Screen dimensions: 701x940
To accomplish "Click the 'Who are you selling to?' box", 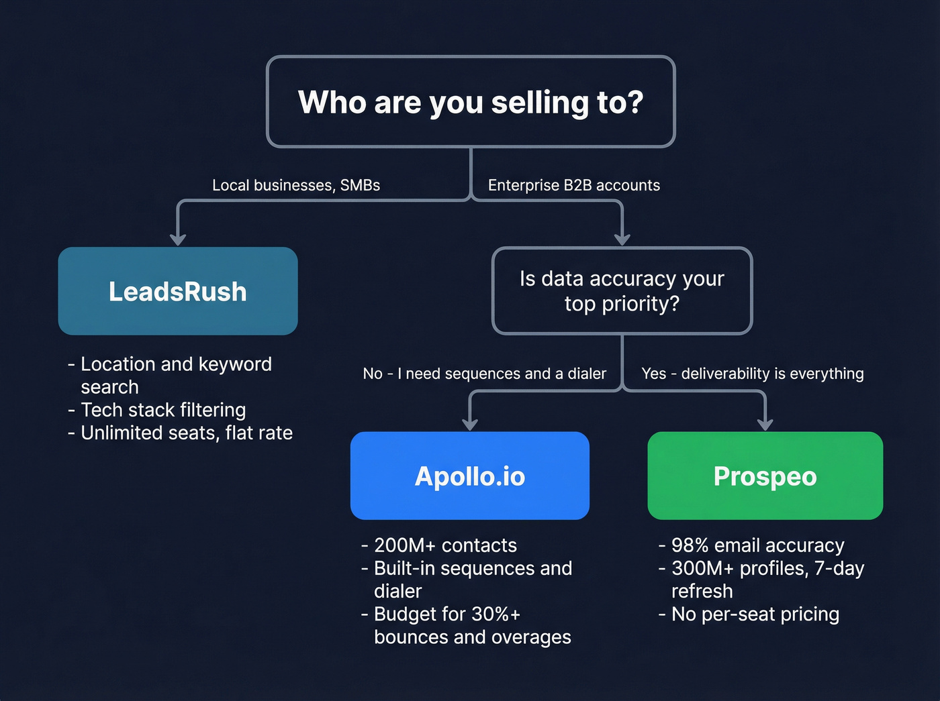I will [471, 102].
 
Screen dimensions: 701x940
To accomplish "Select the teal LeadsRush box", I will [178, 291].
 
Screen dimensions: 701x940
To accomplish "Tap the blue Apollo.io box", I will [470, 476].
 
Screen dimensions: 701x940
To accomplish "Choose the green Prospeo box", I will [765, 476].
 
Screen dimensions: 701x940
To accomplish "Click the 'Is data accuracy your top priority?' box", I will [622, 291].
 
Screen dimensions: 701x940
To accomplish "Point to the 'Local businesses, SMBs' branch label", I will [296, 185].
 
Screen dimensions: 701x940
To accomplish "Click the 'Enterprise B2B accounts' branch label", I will [574, 185].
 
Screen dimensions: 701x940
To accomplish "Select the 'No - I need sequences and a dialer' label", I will [484, 374].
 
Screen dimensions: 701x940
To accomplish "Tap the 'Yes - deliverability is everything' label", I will [753, 374].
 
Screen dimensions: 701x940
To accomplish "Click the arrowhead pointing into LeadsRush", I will [178, 239].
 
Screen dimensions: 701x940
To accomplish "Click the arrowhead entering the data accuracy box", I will [622, 239].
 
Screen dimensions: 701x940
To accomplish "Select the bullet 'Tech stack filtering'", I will [163, 410].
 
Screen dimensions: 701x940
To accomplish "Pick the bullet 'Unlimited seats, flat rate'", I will [187, 433].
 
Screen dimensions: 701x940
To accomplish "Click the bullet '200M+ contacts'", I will [445, 545].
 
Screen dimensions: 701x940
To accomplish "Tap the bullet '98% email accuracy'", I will [757, 545].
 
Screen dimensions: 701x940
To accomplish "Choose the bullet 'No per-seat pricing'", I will [755, 614].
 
